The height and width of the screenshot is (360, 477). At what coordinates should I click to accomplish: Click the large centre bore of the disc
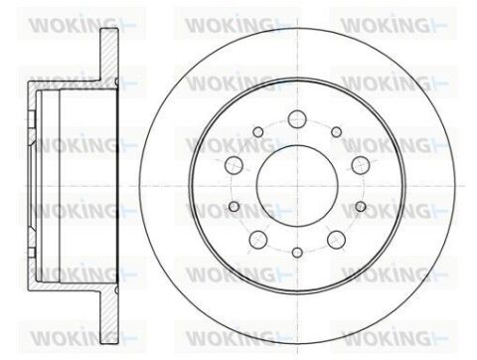pos(297,186)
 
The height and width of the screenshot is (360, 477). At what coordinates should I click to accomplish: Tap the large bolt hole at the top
pos(297,119)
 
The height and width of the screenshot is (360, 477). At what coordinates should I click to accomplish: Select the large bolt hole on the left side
pos(234,164)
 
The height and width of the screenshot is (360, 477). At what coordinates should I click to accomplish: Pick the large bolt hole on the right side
pos(361,165)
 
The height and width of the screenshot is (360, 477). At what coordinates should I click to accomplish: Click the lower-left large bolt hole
pos(258,240)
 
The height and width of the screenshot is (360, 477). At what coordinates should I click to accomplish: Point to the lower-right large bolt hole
pos(336,240)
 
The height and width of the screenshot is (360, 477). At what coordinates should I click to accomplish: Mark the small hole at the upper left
pos(258,132)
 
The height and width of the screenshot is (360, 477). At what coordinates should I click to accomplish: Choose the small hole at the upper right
pos(337,132)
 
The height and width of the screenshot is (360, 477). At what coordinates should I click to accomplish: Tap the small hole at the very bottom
pos(297,253)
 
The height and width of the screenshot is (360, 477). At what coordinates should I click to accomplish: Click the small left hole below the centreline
pos(235,207)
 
